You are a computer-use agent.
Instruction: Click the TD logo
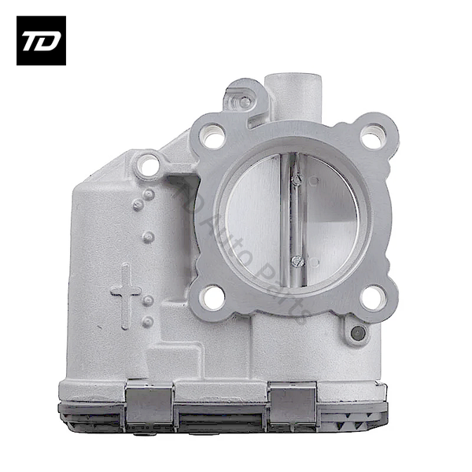pos(41,41)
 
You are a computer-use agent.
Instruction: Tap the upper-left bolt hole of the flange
pos(212,137)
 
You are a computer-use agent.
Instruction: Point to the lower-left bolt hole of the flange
pos(212,297)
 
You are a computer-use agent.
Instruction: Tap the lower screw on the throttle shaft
pos(297,260)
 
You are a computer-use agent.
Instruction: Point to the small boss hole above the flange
pos(245,101)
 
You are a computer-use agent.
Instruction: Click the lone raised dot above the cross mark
pos(147,235)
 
